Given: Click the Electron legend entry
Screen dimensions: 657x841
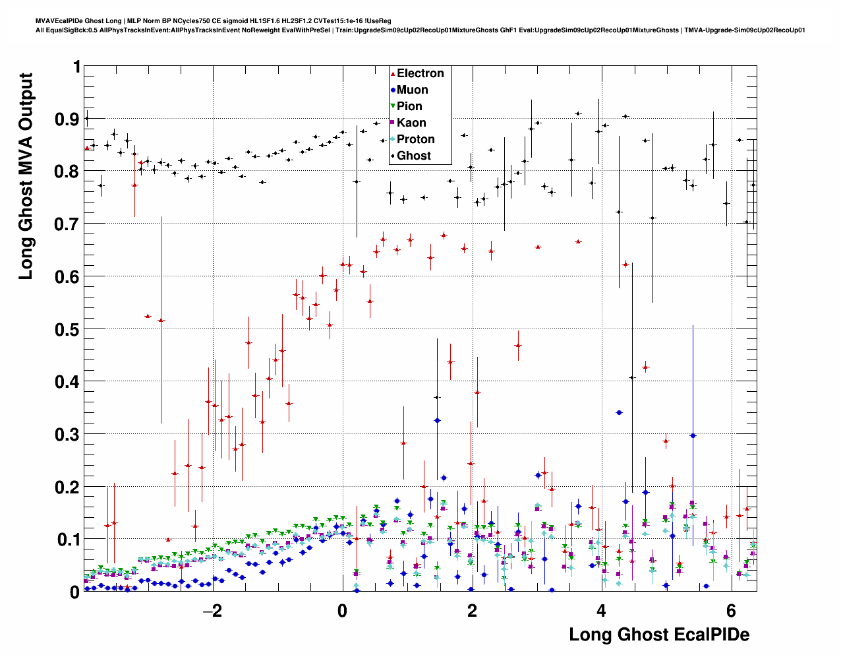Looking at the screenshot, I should click(420, 73).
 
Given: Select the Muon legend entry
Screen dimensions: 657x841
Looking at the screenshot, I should click(412, 90).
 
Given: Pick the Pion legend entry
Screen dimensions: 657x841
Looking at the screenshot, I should click(409, 106).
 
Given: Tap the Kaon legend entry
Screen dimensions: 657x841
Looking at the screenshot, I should click(411, 123).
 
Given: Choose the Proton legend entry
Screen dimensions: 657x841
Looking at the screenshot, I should click(415, 139).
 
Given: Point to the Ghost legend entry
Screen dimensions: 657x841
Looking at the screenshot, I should click(413, 156).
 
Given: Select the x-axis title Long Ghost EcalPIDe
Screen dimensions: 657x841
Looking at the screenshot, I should click(659, 635).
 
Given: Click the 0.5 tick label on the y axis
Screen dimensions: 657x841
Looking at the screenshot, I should click(68, 329).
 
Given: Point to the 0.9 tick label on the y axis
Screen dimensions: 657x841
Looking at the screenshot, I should click(68, 119).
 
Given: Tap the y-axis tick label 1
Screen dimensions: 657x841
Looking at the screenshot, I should click(76, 67).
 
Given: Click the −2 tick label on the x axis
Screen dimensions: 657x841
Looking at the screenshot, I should click(212, 611).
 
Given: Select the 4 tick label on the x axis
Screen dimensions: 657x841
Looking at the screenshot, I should click(601, 611).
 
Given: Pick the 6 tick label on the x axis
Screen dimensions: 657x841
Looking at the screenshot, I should click(730, 611).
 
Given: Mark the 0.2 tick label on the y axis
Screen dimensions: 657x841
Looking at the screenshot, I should click(68, 487).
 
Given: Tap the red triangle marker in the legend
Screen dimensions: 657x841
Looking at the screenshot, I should click(393, 73).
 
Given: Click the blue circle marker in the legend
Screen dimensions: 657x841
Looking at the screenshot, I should click(393, 90).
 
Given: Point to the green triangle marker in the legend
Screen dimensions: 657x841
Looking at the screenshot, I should click(393, 106).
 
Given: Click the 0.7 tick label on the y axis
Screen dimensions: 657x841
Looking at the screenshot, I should click(68, 224).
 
